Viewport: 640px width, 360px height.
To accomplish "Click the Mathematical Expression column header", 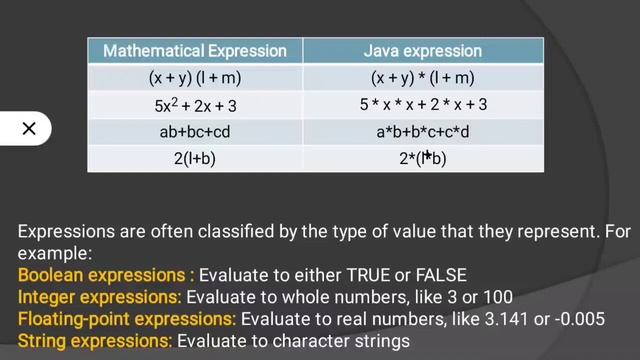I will coord(195,50).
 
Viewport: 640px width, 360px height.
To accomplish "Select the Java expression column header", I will coord(423,50).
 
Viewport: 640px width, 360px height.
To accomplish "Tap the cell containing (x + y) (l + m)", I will coord(195,77).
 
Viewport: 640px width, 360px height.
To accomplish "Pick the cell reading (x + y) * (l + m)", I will coord(423,77).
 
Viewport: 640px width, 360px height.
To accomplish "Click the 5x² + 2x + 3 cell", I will coord(195,104).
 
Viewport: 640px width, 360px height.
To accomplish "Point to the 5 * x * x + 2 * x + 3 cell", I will coord(423,104).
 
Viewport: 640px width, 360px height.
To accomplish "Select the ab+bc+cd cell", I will coord(195,131).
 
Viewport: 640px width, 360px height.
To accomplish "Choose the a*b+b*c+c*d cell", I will coord(423,131).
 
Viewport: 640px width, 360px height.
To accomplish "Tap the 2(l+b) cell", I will coord(195,158).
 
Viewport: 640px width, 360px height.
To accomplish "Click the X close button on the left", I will coord(28,128).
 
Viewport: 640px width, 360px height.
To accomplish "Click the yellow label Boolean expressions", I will coord(106,274).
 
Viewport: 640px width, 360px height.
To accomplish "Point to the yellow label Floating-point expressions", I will coord(127,319).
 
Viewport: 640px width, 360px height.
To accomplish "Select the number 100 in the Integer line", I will coord(496,297).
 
